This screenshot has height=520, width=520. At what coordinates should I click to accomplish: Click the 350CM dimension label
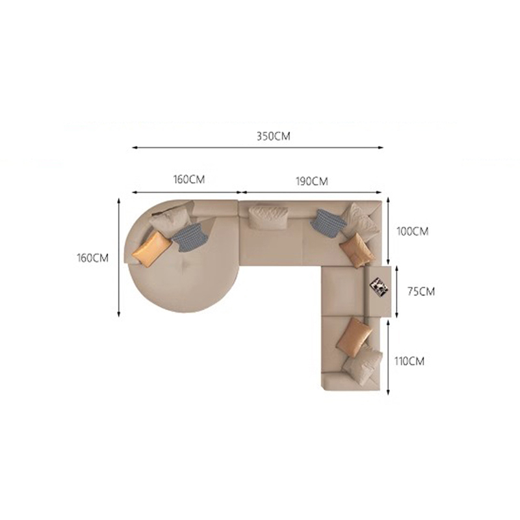point(273,136)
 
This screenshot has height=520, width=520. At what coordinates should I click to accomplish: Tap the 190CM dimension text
point(312,181)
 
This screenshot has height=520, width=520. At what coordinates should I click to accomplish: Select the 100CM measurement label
point(413,231)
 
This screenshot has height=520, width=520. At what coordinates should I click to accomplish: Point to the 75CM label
point(421,291)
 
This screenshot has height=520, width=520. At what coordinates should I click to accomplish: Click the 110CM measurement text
point(409,361)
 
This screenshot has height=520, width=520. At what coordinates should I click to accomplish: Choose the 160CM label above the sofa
point(189,179)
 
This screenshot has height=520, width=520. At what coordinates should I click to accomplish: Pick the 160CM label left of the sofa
point(92,258)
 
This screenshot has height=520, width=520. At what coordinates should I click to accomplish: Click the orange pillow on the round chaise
point(151,249)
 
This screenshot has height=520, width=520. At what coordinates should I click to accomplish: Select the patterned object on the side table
point(379,285)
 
